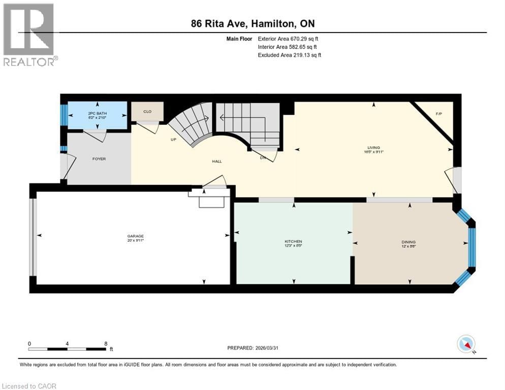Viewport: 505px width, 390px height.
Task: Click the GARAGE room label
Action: [x=135, y=236]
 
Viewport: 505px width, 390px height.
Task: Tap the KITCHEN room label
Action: [x=293, y=241]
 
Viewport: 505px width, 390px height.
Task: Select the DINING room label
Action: [x=408, y=242]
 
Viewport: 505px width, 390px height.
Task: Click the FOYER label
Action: [x=99, y=159]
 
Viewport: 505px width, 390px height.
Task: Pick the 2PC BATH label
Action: [x=97, y=113]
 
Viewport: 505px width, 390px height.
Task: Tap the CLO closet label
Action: [x=147, y=111]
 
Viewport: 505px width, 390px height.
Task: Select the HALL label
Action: [x=217, y=161]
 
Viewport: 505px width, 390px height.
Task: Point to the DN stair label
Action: [x=263, y=158]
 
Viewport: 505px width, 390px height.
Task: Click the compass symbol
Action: [x=466, y=344]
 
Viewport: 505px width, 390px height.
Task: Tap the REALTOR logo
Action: [x=29, y=35]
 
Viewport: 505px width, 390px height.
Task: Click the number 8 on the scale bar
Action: [x=106, y=343]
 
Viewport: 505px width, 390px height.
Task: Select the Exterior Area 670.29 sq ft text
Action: [x=289, y=38]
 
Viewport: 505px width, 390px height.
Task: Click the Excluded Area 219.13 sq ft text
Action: [x=290, y=55]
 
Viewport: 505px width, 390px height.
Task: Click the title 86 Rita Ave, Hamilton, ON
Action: [x=256, y=23]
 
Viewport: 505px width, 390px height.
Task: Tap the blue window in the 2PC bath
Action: [x=64, y=111]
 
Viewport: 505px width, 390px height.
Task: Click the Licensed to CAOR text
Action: [x=29, y=386]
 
